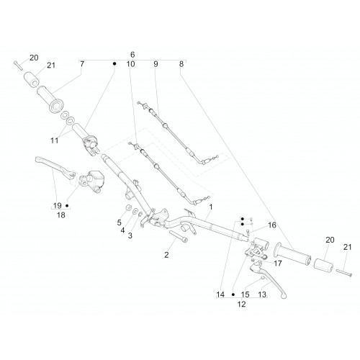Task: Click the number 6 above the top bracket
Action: pos(132,55)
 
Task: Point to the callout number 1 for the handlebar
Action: pos(211,207)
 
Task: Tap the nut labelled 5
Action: pos(129,207)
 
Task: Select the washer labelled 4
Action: pos(135,211)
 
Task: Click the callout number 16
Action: pos(272,225)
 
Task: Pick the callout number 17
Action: pos(278,264)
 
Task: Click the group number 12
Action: pos(241,304)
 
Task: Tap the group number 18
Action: pos(61,215)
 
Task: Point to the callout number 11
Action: pos(55,140)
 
